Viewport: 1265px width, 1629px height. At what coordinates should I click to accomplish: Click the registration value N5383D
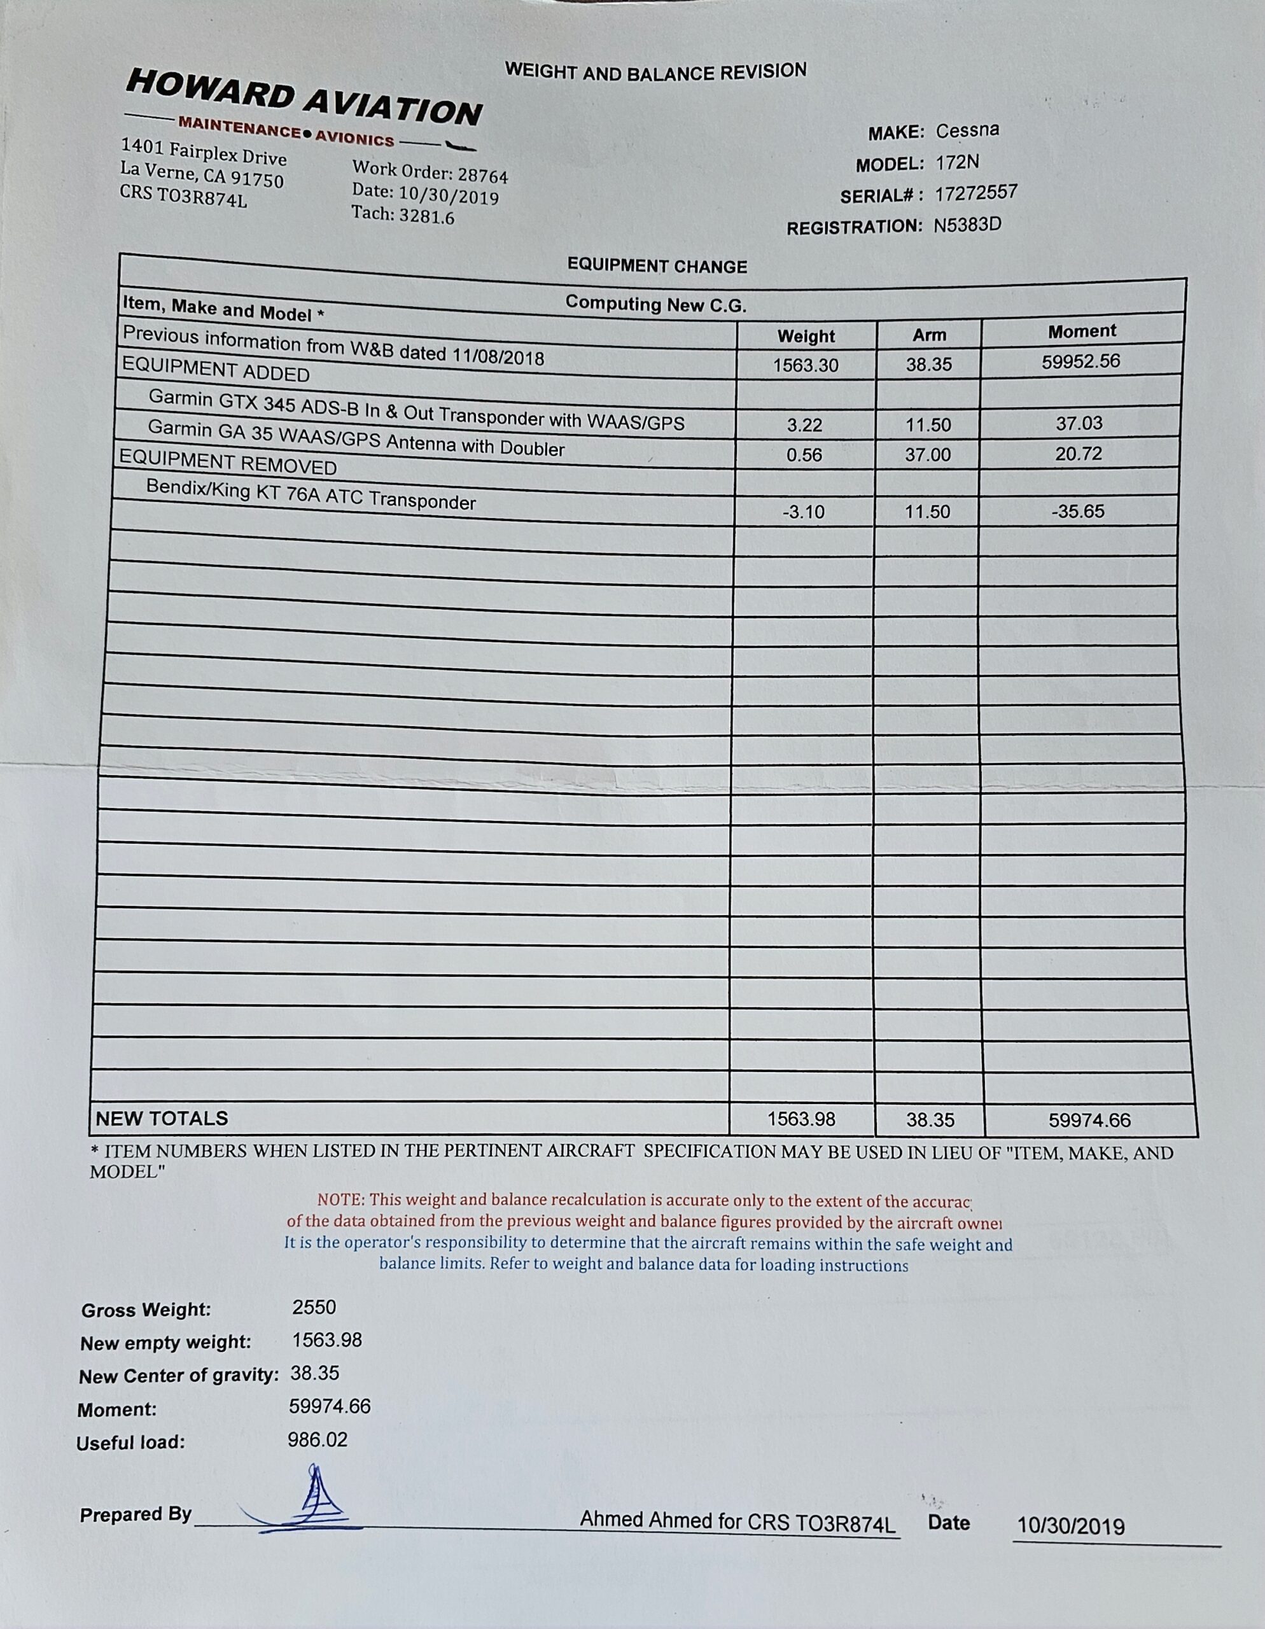[967, 225]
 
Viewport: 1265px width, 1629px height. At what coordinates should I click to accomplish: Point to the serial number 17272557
[975, 193]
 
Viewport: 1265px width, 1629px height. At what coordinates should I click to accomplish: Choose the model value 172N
[958, 163]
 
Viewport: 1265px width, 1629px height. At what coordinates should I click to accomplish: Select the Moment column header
[1082, 331]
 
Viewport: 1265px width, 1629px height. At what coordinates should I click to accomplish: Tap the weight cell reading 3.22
[804, 425]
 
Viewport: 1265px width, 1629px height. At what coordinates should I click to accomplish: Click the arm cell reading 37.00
[928, 454]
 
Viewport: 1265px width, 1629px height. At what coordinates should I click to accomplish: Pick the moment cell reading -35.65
[1078, 512]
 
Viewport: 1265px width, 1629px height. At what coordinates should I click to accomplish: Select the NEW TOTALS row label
[162, 1118]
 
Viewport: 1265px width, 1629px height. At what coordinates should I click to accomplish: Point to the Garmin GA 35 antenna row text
[356, 438]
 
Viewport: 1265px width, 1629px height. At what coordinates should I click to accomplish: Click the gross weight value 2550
[314, 1308]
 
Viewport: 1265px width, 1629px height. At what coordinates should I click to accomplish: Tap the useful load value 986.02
[318, 1439]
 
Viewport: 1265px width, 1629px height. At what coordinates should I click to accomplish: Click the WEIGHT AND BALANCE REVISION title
[655, 73]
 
